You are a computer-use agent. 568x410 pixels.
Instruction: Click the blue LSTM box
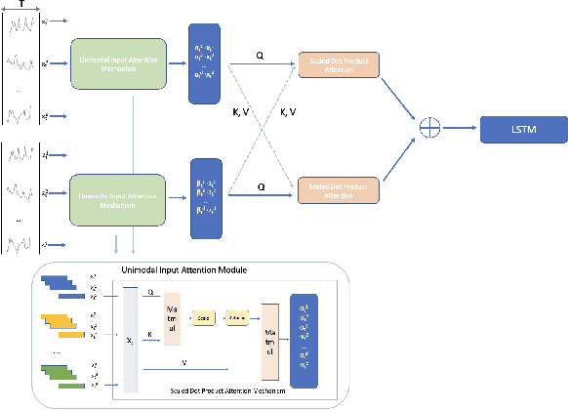(x=522, y=129)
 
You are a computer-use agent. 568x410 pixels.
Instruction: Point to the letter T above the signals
(x=21, y=5)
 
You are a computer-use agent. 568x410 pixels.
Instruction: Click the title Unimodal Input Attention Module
(x=184, y=268)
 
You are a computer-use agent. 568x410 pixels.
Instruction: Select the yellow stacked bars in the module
(x=61, y=325)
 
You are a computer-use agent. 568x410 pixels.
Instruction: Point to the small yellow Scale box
(x=203, y=318)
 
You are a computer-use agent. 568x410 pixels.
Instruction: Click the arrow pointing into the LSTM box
(x=465, y=128)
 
